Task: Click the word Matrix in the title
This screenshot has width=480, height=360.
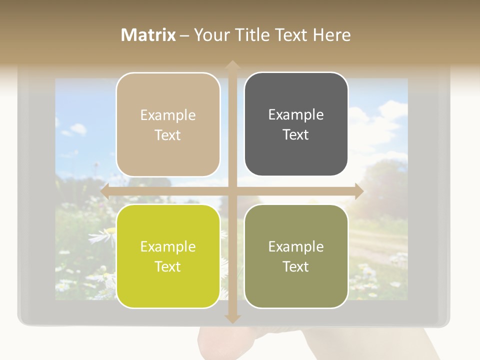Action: (148, 35)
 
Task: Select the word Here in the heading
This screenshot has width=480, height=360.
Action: (332, 35)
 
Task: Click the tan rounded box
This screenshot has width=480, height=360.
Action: (168, 125)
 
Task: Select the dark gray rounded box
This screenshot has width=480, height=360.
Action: (296, 124)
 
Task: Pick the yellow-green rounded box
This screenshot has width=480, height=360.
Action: (168, 256)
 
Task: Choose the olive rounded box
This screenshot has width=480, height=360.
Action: (296, 256)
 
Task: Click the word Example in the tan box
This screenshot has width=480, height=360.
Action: (168, 115)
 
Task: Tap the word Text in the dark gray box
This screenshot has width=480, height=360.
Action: (296, 135)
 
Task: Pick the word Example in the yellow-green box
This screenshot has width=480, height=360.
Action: (168, 246)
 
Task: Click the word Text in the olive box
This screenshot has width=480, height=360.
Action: (296, 266)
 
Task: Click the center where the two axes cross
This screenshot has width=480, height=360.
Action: (232, 191)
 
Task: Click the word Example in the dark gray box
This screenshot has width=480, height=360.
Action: (296, 115)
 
